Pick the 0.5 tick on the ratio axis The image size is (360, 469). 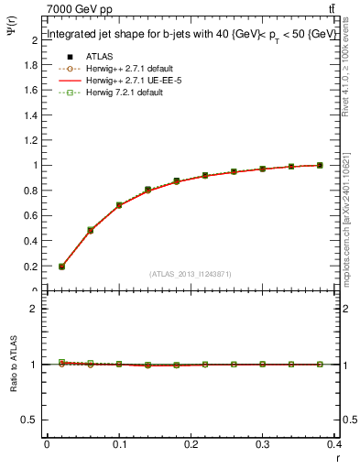[x=34, y=420]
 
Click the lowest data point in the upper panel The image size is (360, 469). [x=61, y=267]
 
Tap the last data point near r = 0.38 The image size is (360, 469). [x=320, y=165]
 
